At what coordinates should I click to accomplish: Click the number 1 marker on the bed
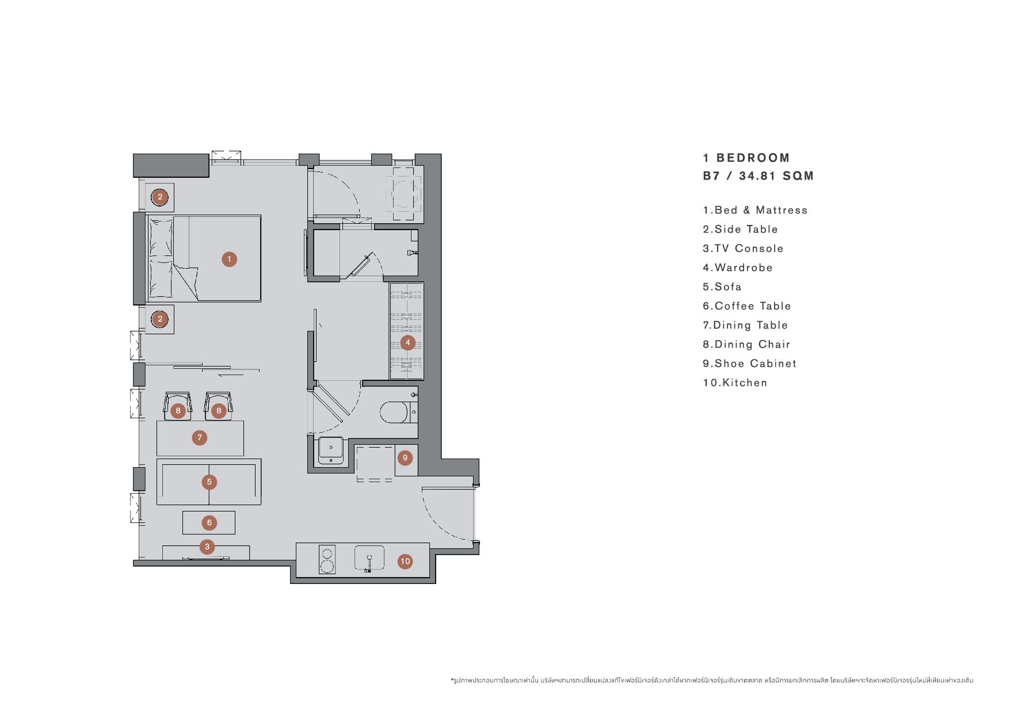[x=229, y=259]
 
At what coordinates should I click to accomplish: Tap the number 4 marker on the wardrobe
[x=407, y=343]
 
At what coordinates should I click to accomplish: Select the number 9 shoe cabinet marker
[x=405, y=458]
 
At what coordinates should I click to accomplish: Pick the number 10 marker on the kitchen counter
[x=405, y=562]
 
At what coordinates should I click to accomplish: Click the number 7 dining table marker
[x=200, y=438]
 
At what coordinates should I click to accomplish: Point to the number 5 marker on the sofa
[x=209, y=482]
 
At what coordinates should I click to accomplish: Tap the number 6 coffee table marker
[x=209, y=523]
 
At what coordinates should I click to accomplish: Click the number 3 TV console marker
[x=207, y=547]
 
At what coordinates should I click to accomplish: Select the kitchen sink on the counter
[x=369, y=559]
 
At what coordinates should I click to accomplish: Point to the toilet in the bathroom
[x=395, y=412]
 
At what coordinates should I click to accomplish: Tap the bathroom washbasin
[x=331, y=450]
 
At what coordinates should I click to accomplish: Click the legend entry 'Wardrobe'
[x=738, y=268]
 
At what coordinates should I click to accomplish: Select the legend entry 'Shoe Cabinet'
[x=750, y=364]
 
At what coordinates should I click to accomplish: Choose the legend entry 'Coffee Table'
[x=747, y=306]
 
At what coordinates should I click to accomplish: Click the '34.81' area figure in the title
[x=758, y=176]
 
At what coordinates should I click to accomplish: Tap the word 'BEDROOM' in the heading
[x=753, y=158]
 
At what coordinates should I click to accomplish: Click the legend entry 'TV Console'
[x=743, y=249]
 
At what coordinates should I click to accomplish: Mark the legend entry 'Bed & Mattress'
[x=755, y=210]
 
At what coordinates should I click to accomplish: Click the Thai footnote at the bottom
[x=712, y=681]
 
